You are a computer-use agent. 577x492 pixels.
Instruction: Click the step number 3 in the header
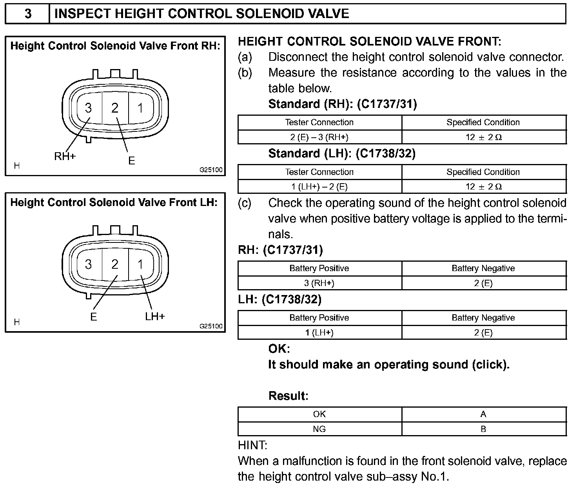(28, 14)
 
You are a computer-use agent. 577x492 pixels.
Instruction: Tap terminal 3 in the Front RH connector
(89, 108)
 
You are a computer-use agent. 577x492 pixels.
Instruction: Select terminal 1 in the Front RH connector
(140, 108)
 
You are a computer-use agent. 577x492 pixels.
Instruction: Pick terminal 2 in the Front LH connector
(114, 264)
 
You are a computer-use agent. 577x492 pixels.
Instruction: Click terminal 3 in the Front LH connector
(89, 264)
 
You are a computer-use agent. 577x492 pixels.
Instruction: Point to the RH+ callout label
(65, 157)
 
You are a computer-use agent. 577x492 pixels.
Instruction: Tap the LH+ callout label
(155, 316)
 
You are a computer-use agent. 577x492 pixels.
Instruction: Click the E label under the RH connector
(131, 160)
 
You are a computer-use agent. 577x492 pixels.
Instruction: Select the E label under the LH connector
(93, 317)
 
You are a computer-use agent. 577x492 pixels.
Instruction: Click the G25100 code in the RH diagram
(211, 170)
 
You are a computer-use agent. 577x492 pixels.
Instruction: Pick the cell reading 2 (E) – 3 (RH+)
(319, 137)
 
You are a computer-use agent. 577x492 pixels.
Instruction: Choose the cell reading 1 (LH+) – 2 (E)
(319, 187)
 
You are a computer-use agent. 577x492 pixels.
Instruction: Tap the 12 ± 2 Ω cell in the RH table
(484, 137)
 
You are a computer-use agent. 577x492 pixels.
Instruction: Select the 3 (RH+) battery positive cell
(319, 283)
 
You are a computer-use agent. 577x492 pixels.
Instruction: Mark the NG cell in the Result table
(319, 429)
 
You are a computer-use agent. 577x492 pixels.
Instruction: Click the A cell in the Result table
(483, 414)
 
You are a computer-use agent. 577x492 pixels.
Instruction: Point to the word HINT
(253, 445)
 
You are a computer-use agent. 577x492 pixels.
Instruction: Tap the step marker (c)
(245, 203)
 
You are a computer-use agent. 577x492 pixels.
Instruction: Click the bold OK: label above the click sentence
(279, 348)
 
